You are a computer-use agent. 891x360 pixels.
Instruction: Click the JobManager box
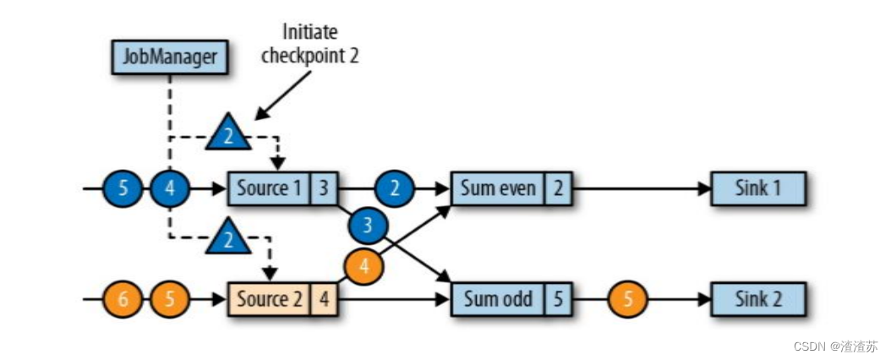click(169, 57)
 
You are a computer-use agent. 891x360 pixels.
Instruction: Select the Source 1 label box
click(268, 188)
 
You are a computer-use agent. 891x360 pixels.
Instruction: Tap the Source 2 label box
click(268, 298)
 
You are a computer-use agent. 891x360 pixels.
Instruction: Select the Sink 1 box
click(758, 188)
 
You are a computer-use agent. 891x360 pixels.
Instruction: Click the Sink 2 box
click(758, 298)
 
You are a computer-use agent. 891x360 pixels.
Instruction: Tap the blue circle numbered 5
click(123, 188)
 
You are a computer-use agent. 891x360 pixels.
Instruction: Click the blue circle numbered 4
click(170, 188)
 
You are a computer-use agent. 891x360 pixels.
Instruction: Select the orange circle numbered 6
click(123, 298)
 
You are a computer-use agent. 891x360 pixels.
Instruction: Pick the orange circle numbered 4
click(364, 265)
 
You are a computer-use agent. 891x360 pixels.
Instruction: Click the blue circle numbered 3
click(367, 226)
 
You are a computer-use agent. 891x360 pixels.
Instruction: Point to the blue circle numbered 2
click(395, 188)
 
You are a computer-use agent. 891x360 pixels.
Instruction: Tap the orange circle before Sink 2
click(627, 298)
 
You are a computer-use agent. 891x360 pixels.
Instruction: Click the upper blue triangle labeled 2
click(228, 135)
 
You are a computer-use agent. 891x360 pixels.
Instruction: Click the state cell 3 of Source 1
click(323, 188)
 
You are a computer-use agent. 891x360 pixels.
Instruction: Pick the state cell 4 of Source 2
click(323, 298)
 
